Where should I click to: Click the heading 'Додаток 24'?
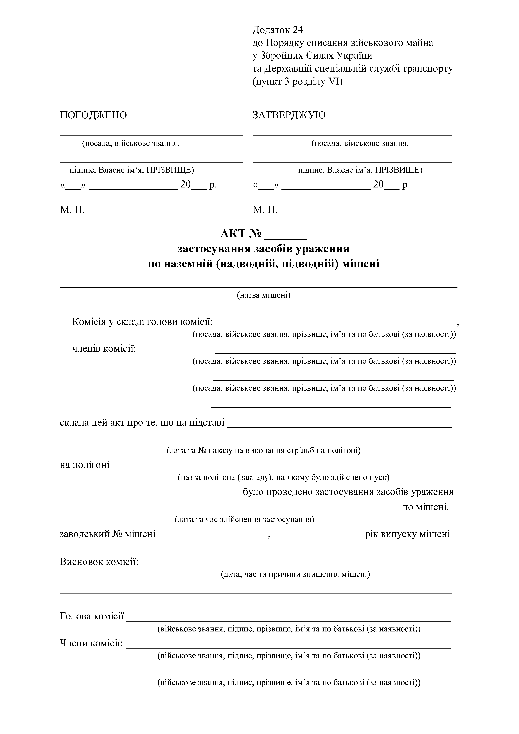pyautogui.click(x=278, y=30)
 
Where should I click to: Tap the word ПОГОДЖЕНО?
pyautogui.click(x=93, y=115)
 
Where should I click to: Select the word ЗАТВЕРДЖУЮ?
pyautogui.click(x=289, y=115)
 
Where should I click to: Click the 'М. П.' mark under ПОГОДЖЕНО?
pyautogui.click(x=72, y=210)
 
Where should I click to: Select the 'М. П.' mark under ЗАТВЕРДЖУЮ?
pyautogui.click(x=265, y=210)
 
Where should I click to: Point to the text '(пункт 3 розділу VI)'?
pyautogui.click(x=297, y=82)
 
